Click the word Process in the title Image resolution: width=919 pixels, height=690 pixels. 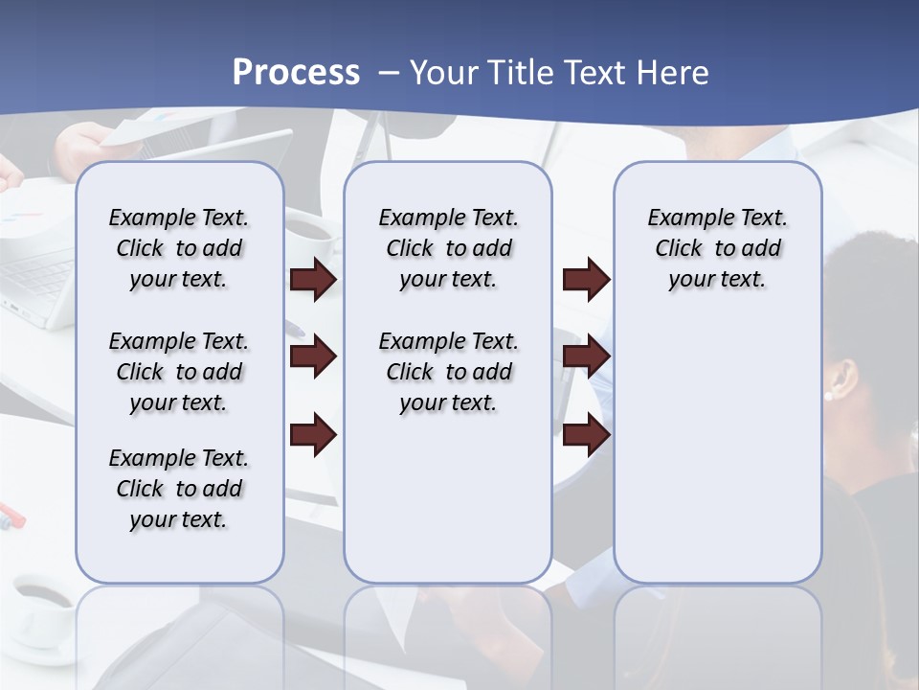point(296,72)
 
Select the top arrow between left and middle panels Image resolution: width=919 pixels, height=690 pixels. point(313,280)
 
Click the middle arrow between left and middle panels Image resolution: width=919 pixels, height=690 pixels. point(313,357)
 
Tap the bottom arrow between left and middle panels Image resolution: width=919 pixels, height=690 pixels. point(313,436)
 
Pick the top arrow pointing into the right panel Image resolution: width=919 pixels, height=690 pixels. point(586,280)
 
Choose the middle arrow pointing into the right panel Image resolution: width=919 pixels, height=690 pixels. point(586,357)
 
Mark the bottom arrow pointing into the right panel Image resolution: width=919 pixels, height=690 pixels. point(586,436)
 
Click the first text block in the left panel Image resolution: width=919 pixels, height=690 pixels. point(179,248)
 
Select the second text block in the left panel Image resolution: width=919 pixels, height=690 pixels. point(179,372)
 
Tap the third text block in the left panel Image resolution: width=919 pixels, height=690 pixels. point(179,489)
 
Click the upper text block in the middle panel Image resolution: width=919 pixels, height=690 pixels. point(448,248)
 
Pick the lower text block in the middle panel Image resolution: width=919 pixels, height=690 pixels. point(448,372)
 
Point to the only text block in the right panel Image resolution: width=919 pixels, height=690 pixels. point(717,248)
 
